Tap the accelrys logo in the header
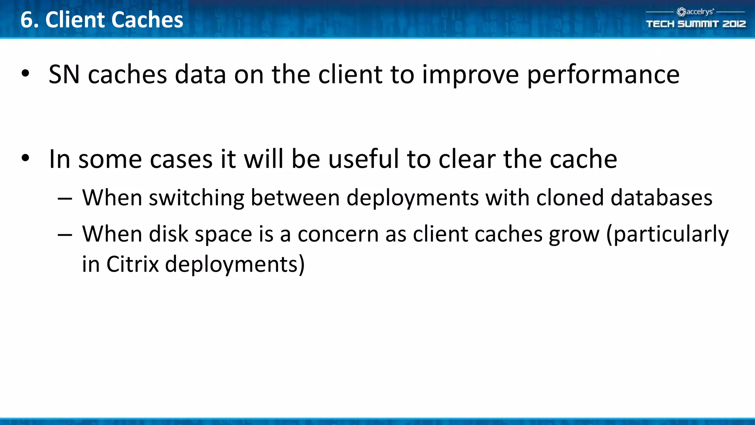[695, 12]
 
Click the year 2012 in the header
[734, 24]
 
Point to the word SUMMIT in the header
[698, 24]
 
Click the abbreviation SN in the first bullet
[64, 75]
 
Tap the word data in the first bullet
[200, 75]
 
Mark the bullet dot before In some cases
[25, 158]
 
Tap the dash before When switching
[65, 198]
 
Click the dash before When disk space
[65, 235]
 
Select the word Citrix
[132, 264]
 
